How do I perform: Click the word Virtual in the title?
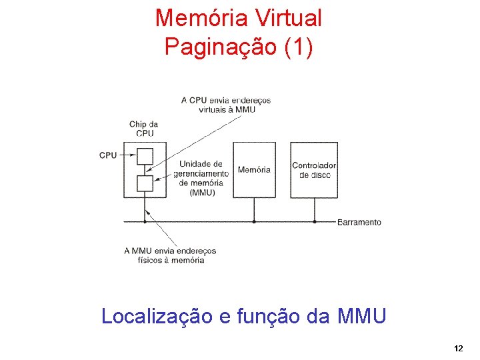(x=283, y=18)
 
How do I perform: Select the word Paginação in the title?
(x=214, y=47)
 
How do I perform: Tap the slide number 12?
(x=458, y=349)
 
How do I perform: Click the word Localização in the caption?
(x=157, y=315)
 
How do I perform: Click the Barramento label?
(x=359, y=222)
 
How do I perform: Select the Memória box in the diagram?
(x=254, y=169)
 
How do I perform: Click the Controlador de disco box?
(x=314, y=169)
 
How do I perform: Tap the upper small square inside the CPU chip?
(x=145, y=156)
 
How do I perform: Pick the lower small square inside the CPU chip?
(x=145, y=183)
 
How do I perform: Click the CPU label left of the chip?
(x=108, y=155)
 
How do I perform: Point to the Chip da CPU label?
(x=143, y=128)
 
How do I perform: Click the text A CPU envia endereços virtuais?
(x=226, y=105)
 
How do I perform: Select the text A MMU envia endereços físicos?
(x=171, y=255)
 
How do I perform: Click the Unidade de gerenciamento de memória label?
(x=201, y=178)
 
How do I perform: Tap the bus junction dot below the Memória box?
(x=254, y=221)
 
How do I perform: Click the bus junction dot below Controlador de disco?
(x=315, y=221)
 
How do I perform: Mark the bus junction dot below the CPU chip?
(x=145, y=221)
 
